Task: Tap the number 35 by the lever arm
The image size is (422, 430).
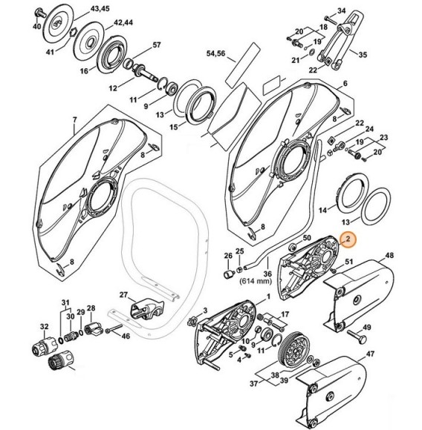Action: (x=363, y=55)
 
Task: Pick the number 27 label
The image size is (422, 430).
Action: (x=125, y=294)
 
